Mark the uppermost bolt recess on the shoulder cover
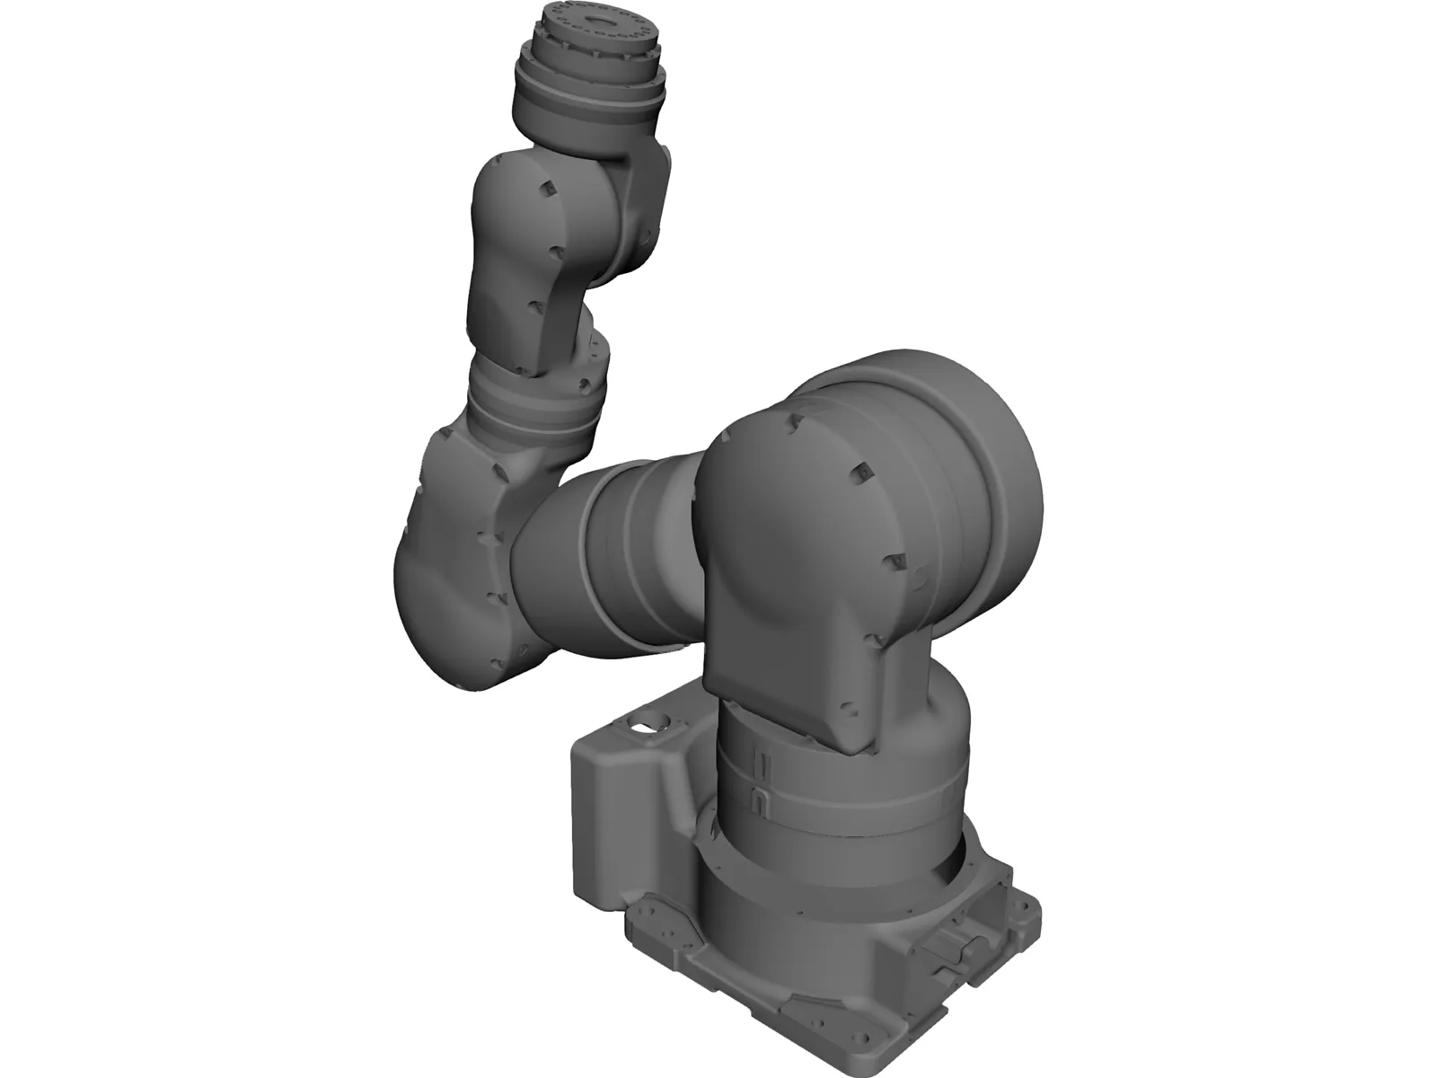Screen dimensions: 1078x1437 (794, 420)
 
